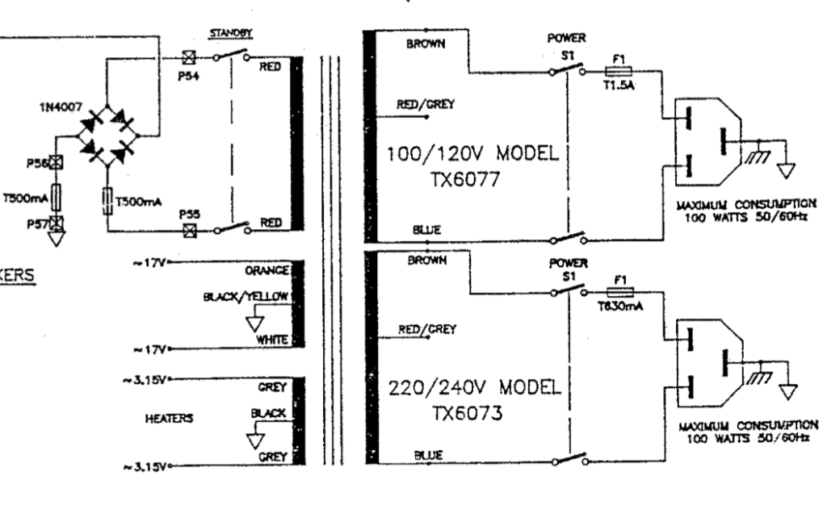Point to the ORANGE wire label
(x=271, y=272)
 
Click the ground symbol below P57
(x=57, y=238)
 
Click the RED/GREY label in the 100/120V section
(x=424, y=104)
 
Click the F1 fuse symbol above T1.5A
(x=619, y=70)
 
